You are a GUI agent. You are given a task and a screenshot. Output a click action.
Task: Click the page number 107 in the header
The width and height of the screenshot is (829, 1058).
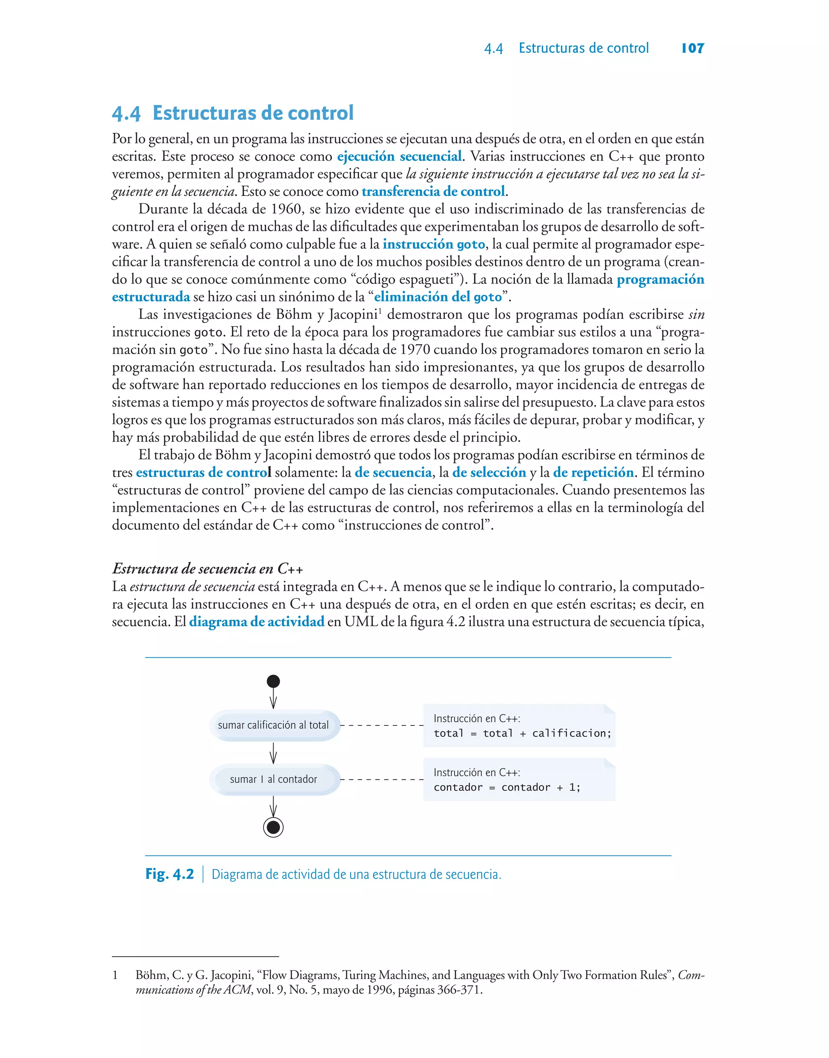pos(693,48)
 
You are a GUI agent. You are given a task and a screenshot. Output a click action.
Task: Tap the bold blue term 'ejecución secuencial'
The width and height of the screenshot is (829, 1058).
pos(399,156)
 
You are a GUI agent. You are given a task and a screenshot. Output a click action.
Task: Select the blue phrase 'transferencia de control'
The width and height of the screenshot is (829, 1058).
pos(434,191)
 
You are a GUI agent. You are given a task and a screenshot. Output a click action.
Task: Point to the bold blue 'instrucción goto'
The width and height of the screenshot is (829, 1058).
pos(434,244)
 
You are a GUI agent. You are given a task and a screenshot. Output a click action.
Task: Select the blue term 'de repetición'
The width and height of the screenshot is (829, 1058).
pos(593,472)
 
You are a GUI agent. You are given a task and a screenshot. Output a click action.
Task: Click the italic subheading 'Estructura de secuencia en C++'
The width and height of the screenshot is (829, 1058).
pos(208,569)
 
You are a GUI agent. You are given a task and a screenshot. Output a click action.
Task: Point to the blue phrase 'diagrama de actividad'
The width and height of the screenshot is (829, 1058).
pos(256,621)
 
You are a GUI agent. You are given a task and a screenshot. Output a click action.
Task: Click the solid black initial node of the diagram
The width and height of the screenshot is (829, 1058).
pos(273,681)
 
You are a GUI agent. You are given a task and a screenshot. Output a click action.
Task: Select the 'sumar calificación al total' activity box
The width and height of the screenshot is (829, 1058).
pos(273,725)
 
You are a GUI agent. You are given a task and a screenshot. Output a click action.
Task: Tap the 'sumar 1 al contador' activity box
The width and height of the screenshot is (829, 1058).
pos(273,779)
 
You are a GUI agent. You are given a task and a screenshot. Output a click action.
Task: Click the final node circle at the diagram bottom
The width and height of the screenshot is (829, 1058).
pos(273,828)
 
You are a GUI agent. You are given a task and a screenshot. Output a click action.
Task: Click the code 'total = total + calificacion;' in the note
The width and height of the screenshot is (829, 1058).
pos(522,733)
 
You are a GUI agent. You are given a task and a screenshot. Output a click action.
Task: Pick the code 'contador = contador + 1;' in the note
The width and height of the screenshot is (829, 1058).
pos(507,787)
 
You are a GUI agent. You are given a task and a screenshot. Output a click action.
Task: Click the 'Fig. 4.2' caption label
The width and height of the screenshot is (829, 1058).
pos(169,875)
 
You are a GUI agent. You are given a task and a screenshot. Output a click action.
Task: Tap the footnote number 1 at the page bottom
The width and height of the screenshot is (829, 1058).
pos(115,975)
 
